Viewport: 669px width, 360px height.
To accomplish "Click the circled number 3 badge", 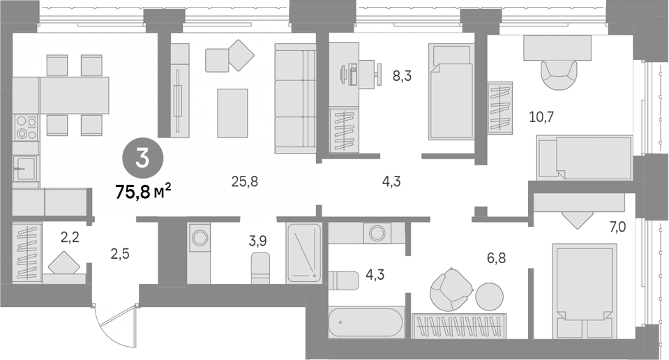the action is point(142,158).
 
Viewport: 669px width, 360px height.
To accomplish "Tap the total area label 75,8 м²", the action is point(144,192).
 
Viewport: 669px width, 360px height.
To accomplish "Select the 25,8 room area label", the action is point(245,181).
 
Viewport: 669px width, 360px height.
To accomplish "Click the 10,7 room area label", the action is point(541,117).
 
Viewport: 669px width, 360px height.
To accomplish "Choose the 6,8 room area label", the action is point(496,257).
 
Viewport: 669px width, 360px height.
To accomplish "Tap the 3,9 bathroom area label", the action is point(257,241).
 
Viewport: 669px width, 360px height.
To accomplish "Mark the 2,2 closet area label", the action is point(70,238).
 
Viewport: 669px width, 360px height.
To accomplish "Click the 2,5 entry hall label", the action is point(120,254).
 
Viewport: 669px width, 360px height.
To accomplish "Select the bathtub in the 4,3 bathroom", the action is point(366,322).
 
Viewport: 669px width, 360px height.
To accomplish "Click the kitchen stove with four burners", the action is point(26,127).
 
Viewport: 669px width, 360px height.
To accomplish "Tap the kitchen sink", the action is point(25,168).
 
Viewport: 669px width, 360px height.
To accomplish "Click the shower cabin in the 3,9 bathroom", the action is point(303,253).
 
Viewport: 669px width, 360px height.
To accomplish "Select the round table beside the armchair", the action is point(490,297).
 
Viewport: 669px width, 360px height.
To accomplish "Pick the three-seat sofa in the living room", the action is point(295,98).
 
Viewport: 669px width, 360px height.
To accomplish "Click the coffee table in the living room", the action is point(232,113).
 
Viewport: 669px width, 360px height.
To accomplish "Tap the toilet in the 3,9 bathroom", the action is point(260,268).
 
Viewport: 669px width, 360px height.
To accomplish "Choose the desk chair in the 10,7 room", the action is point(559,75).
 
